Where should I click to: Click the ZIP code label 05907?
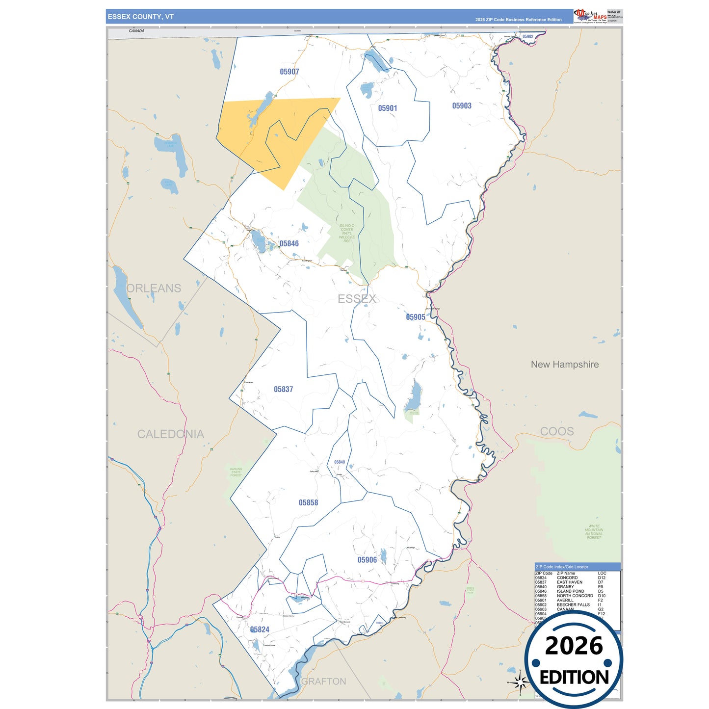click(289, 72)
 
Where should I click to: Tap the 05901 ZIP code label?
click(388, 108)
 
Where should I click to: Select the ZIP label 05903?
click(462, 106)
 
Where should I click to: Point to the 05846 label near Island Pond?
click(289, 244)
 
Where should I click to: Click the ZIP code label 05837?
click(284, 390)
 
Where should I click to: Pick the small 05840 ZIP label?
click(340, 462)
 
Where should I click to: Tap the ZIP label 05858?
click(308, 503)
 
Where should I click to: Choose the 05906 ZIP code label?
click(367, 560)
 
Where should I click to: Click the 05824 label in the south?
click(260, 630)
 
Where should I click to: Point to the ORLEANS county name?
click(154, 289)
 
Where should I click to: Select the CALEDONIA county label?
click(170, 434)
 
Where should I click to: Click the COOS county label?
click(557, 432)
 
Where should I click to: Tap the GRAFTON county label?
click(323, 682)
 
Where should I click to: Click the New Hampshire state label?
click(565, 365)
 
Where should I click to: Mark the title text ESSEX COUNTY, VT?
click(141, 17)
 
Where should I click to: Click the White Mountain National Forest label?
click(594, 532)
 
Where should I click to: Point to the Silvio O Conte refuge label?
click(347, 233)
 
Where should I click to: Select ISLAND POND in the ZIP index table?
click(570, 591)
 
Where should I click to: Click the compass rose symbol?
click(520, 682)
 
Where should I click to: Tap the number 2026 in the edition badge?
click(574, 646)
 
